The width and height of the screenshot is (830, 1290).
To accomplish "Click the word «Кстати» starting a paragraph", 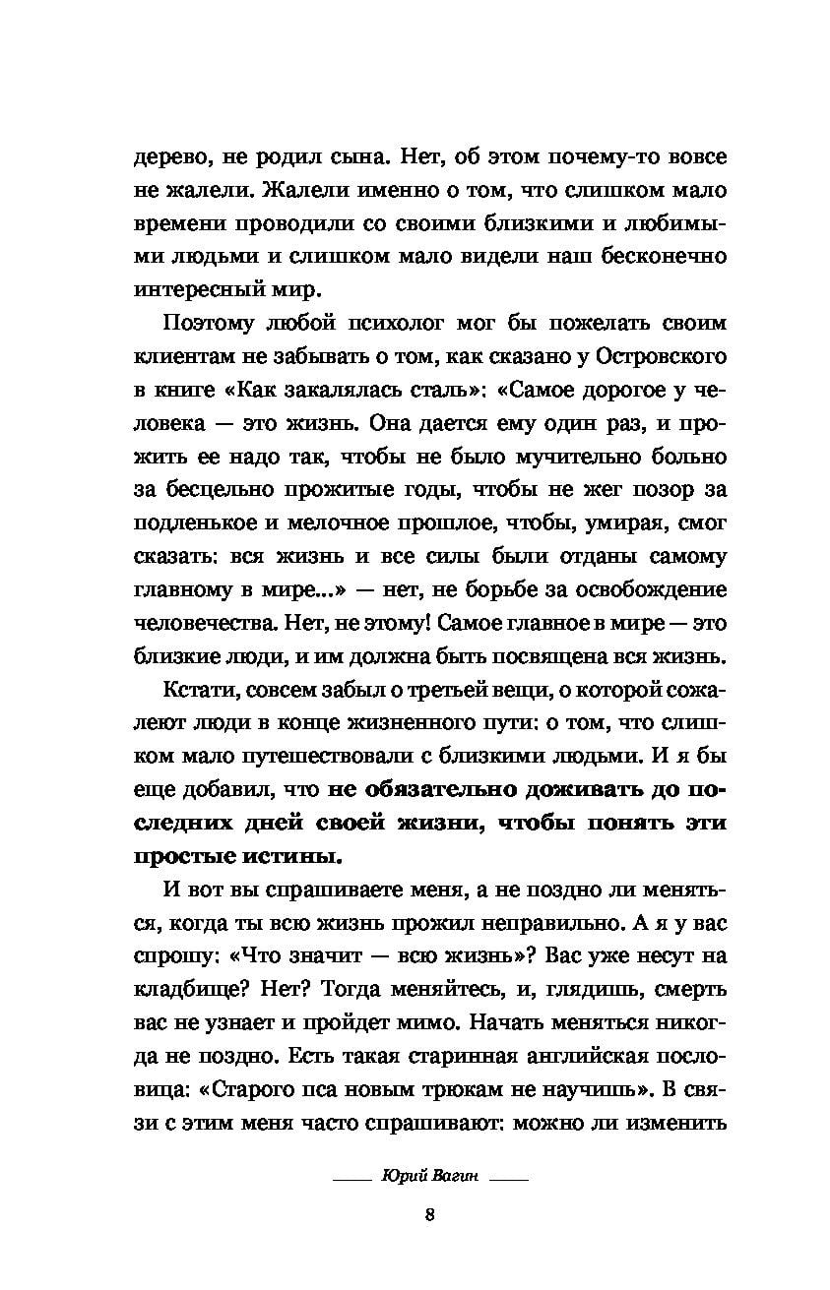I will click(x=194, y=690).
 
